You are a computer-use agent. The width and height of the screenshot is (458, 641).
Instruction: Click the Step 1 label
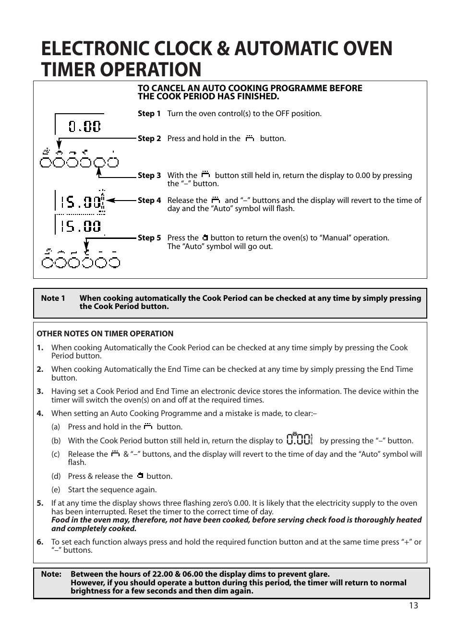tap(149, 114)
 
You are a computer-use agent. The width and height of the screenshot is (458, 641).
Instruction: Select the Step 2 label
tap(149, 139)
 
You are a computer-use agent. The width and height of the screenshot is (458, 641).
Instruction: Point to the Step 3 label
tap(149, 176)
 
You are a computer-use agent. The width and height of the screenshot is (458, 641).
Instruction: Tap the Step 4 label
tap(149, 201)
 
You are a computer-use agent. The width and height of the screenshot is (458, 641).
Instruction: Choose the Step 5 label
tap(149, 238)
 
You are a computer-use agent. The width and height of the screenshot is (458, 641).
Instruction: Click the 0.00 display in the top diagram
tap(84, 126)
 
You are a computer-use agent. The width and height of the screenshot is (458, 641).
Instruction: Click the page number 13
tap(413, 605)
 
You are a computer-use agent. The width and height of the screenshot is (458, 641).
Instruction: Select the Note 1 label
tap(53, 298)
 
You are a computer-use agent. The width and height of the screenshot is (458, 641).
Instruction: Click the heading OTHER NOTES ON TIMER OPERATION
tap(105, 334)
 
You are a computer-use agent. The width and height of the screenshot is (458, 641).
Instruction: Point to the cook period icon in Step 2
tap(250, 139)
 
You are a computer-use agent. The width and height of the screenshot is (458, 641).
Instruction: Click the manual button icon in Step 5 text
tap(205, 238)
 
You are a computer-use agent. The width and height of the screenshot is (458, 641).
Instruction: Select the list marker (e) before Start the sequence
tap(56, 490)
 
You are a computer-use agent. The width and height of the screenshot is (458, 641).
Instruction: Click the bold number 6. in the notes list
tap(40, 542)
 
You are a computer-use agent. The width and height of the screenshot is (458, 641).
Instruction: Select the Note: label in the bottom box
tap(51, 574)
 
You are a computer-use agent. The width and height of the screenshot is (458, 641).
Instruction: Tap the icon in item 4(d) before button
tap(140, 476)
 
